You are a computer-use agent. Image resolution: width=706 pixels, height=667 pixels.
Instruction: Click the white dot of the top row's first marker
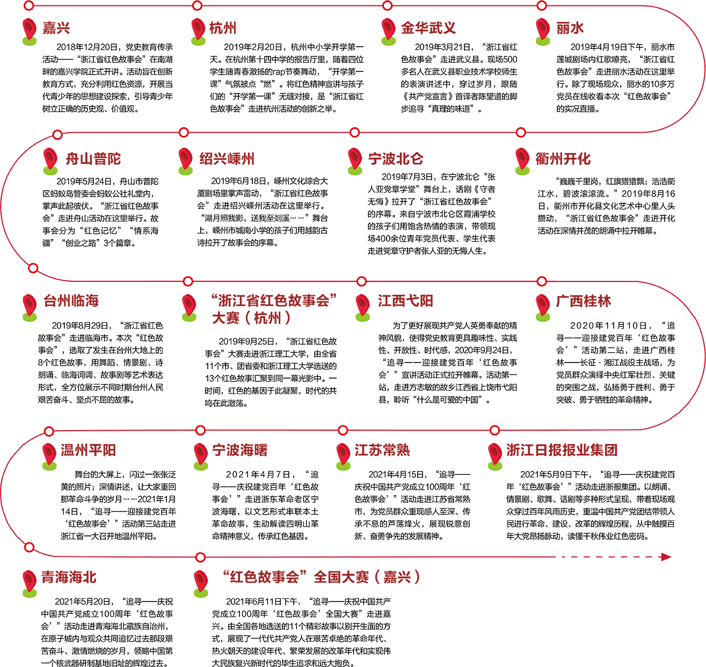29,6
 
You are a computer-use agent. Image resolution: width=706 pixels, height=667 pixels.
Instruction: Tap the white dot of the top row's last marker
542,6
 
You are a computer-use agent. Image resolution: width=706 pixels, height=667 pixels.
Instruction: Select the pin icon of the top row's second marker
197,26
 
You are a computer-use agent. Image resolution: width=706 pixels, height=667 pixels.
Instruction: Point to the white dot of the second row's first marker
57,134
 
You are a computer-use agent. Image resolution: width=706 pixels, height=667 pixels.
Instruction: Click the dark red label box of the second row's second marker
233,155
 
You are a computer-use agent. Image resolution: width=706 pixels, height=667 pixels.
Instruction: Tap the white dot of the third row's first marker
33,267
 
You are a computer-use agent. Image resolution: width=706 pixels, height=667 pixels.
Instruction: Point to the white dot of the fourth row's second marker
201,430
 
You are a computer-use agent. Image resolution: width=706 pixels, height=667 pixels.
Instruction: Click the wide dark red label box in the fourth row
564,450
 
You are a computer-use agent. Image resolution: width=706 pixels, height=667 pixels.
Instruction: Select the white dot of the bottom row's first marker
29,547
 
